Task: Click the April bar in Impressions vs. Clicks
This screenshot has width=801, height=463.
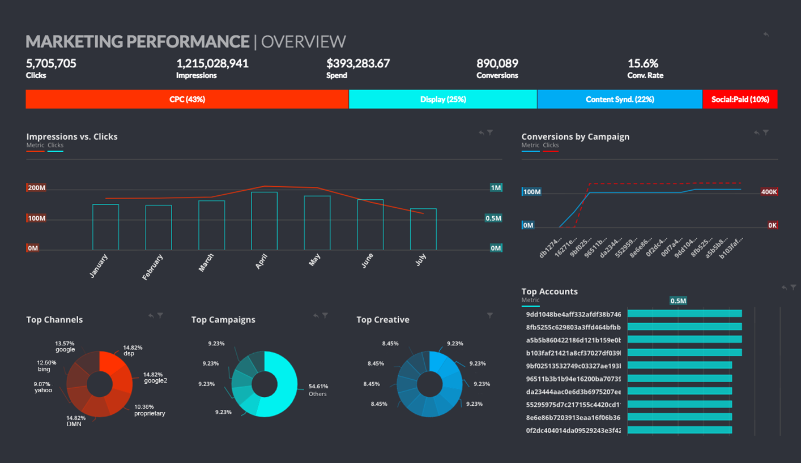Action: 264,221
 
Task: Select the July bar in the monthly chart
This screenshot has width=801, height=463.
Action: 423,229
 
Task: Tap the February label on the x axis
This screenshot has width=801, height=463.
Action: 153,267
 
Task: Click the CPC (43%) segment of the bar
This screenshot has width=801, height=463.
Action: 187,99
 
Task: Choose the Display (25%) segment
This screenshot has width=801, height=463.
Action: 443,99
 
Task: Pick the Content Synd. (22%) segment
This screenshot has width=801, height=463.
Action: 620,99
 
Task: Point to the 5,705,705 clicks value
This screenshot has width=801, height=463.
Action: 51,63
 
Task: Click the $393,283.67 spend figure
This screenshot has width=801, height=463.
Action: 358,63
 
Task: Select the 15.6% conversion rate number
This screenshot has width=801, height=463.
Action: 642,63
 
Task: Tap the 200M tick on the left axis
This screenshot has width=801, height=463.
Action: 36,188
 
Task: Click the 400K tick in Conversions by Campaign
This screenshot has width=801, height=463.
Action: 769,192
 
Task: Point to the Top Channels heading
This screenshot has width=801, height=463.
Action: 54,320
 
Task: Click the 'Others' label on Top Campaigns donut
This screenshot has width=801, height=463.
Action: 317,394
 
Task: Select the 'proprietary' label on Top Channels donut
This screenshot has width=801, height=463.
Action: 150,413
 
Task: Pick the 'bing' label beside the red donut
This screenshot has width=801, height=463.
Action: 44,369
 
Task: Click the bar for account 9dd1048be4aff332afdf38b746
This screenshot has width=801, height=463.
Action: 684,314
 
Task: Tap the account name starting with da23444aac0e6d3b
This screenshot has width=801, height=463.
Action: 573,392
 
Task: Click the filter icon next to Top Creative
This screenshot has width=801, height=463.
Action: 490,315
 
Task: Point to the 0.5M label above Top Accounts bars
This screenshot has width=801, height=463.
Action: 678,301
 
